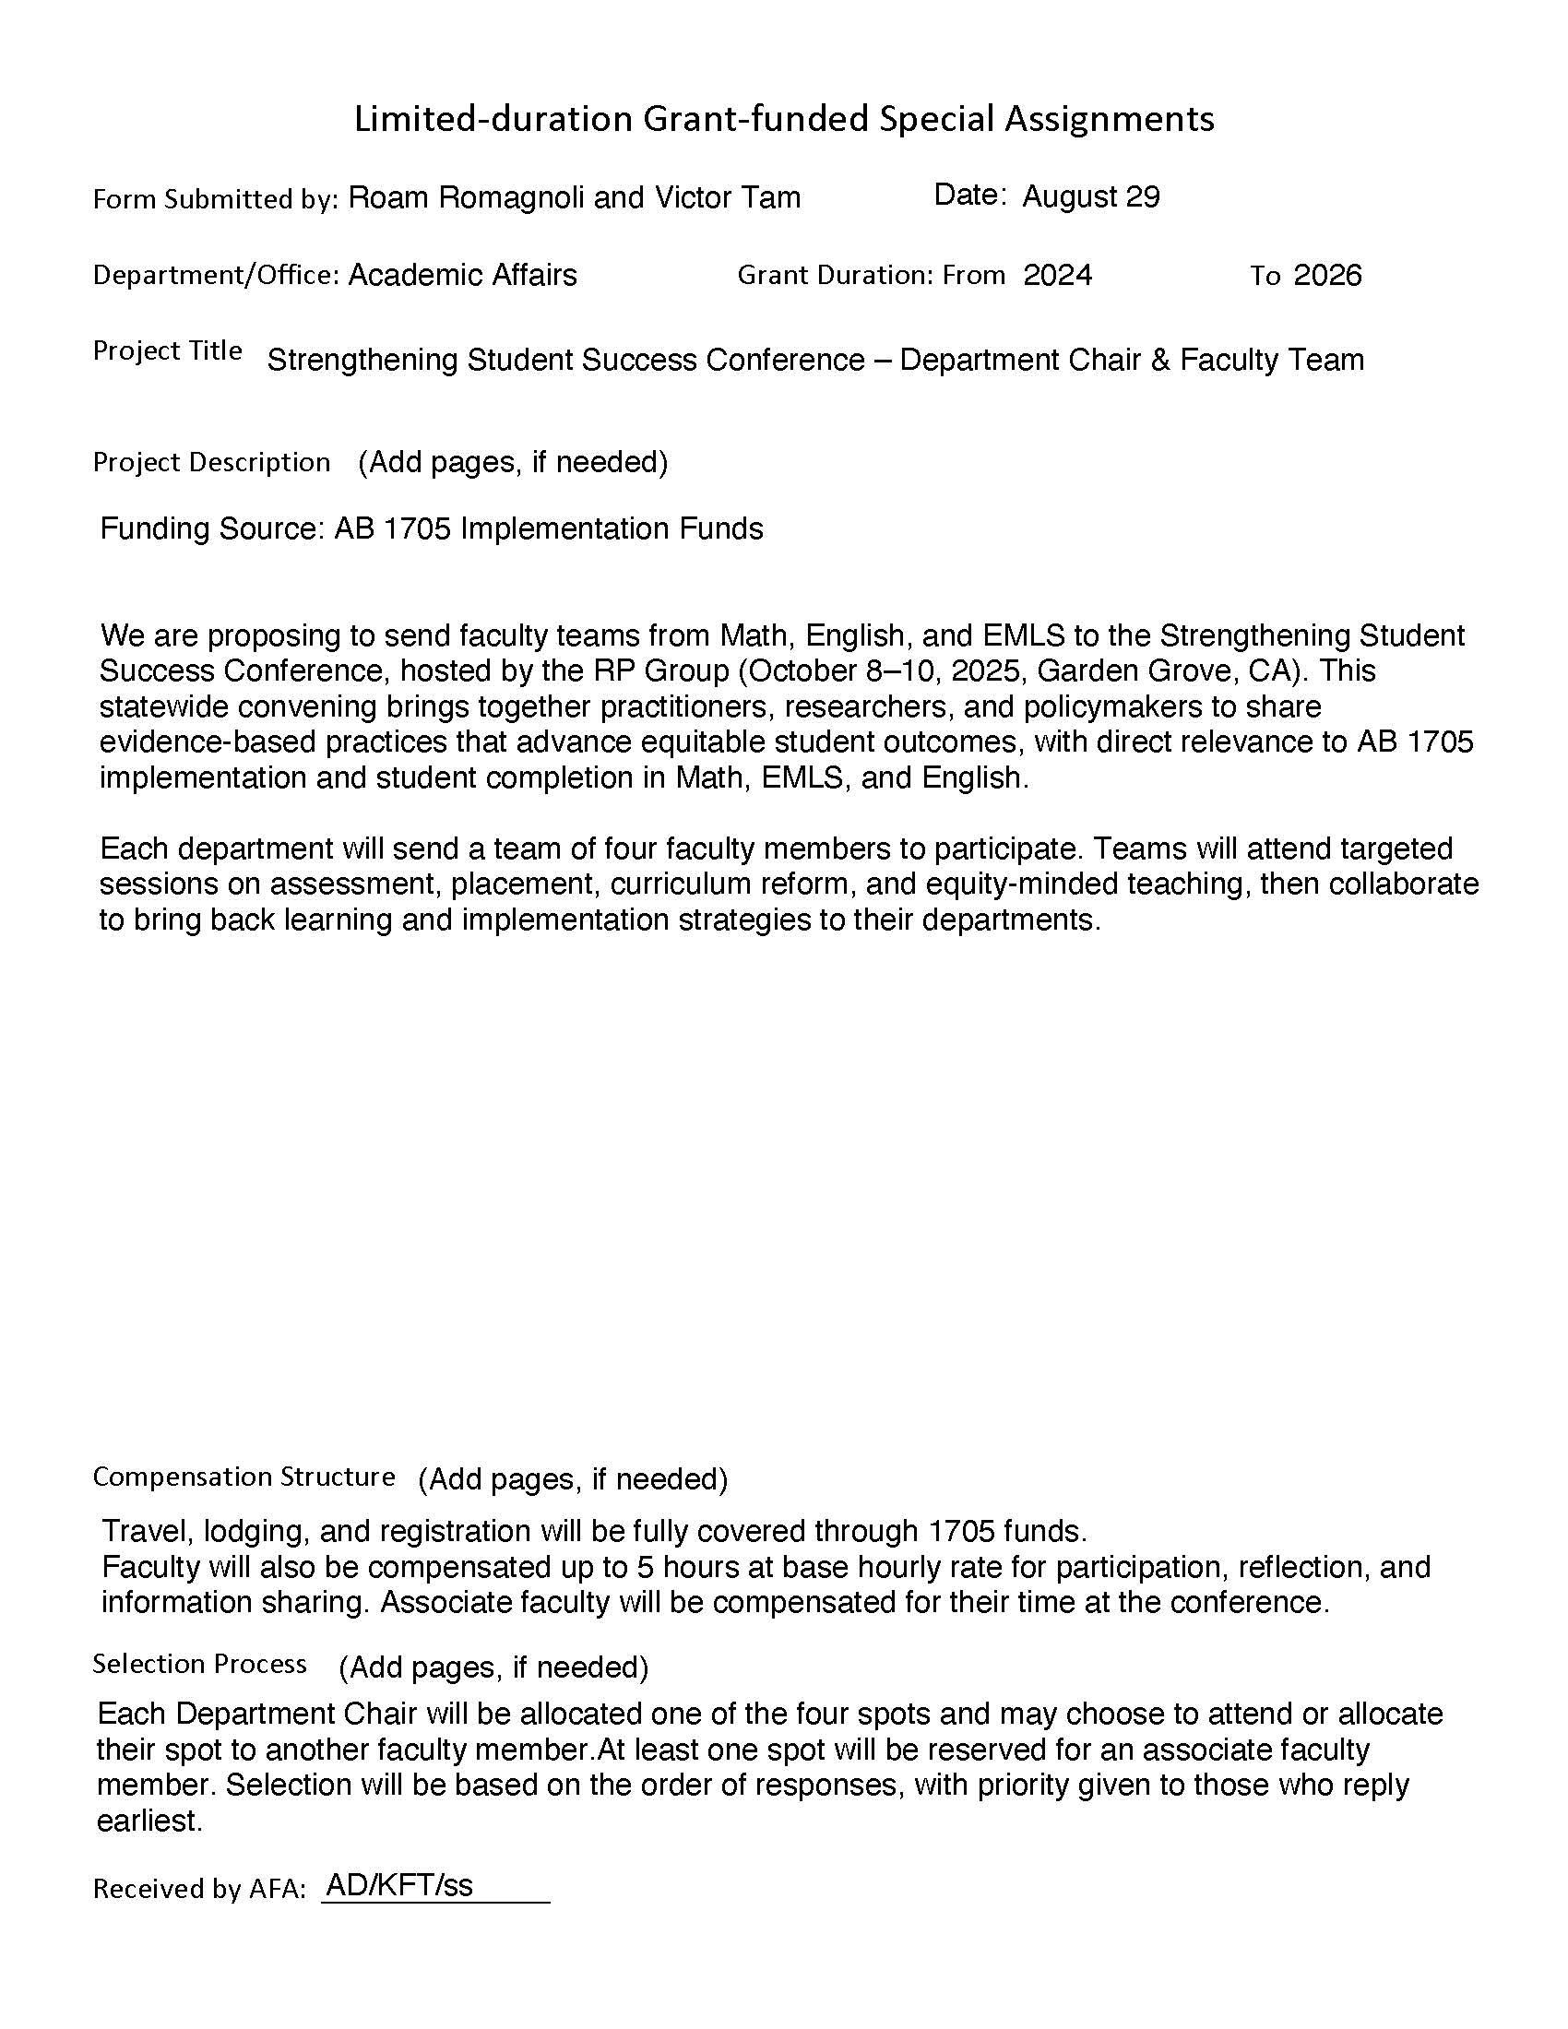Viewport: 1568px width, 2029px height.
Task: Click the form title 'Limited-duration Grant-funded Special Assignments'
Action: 783,119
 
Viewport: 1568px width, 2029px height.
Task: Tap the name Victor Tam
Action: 728,197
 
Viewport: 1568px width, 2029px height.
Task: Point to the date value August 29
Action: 1090,197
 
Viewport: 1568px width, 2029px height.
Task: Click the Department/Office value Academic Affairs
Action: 462,275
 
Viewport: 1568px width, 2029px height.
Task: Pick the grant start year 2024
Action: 1057,275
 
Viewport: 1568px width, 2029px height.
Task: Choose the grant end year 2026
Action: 1327,275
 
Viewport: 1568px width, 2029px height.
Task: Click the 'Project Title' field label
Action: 167,351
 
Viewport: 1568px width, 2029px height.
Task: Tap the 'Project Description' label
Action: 211,462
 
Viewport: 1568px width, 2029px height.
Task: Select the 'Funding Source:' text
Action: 212,528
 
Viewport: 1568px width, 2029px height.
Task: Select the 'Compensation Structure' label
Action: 244,1477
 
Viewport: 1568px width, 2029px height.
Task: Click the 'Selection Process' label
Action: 199,1664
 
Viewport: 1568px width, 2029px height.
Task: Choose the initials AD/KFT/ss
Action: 399,1885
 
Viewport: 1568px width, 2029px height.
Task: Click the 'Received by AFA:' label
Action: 199,1889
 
